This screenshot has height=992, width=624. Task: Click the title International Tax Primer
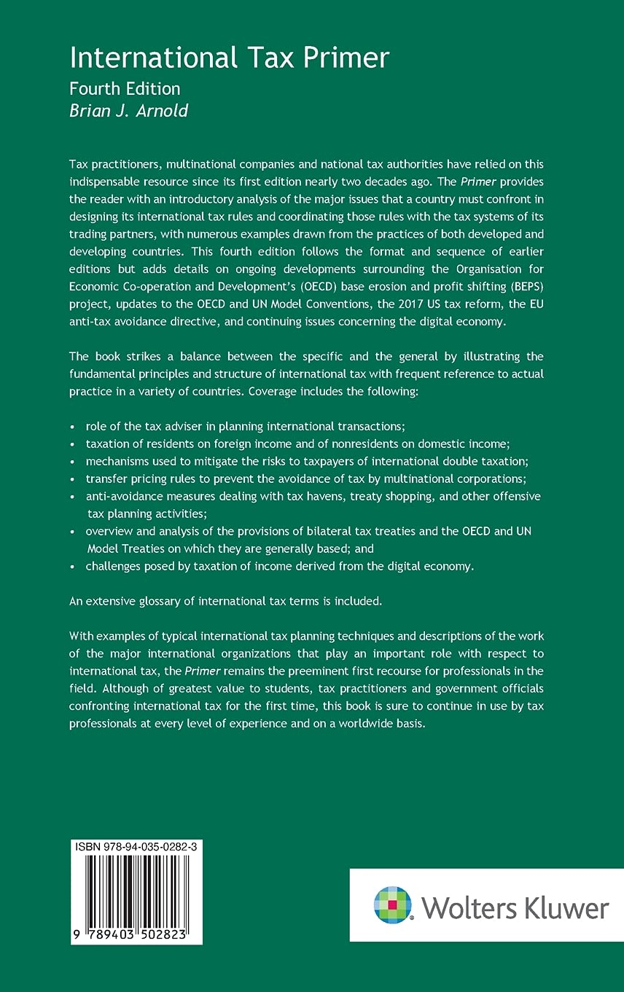229,58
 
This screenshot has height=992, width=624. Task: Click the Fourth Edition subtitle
125,89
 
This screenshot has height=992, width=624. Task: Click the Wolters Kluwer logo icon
393,905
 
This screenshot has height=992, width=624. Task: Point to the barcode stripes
136,891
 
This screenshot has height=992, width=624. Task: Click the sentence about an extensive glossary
225,601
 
